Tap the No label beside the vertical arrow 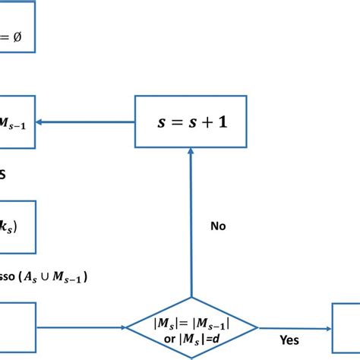(219, 226)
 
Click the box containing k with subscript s (17, 226)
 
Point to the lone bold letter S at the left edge (3, 174)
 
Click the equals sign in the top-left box (8, 36)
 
